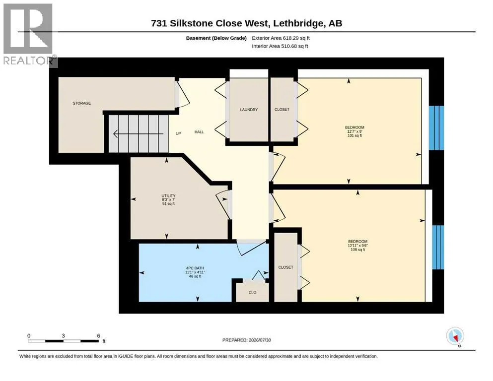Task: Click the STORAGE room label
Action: (x=82, y=103)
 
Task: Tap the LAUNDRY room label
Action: (x=249, y=110)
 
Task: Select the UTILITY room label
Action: (x=168, y=195)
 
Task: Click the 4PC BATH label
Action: (x=195, y=268)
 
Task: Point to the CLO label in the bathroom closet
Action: (x=253, y=292)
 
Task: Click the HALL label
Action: (x=199, y=132)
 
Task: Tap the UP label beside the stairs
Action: (x=178, y=133)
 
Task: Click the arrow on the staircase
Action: (x=139, y=134)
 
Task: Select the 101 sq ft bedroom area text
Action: (x=354, y=136)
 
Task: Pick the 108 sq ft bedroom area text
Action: (x=358, y=250)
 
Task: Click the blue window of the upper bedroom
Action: (x=436, y=128)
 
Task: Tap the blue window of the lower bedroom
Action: (x=438, y=247)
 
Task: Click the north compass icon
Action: (x=455, y=336)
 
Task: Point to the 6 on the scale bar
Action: (x=98, y=336)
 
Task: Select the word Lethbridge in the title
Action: (x=298, y=23)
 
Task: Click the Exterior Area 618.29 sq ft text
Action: (x=281, y=38)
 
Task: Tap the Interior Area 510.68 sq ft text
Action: (x=280, y=46)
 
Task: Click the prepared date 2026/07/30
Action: (x=260, y=340)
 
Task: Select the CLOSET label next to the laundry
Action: (x=282, y=109)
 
